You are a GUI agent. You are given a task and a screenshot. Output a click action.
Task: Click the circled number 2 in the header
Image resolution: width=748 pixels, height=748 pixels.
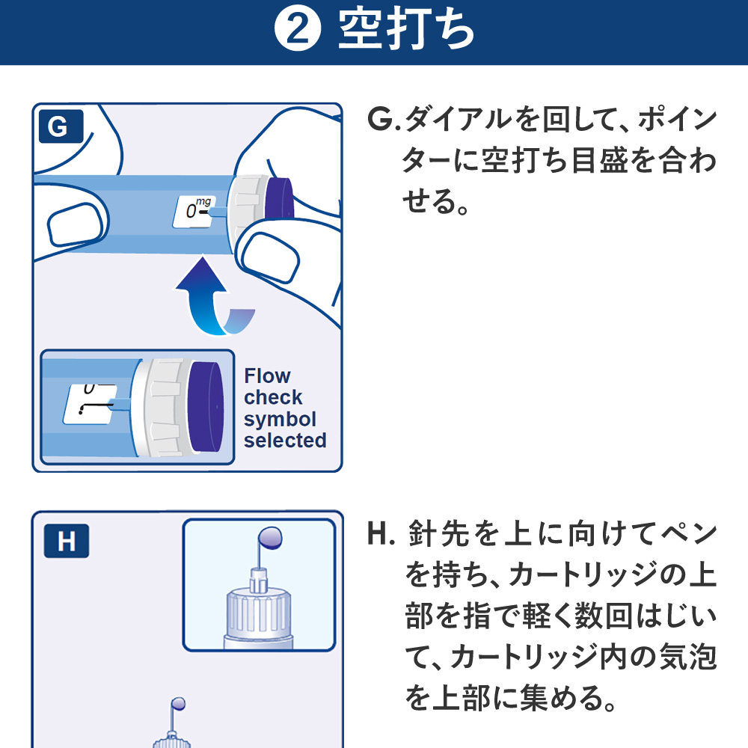[x=297, y=32]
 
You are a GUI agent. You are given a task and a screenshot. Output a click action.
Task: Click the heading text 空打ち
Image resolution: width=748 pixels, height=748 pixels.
[x=406, y=32]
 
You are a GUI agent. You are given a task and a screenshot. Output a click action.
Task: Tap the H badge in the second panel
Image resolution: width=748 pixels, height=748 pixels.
[x=67, y=541]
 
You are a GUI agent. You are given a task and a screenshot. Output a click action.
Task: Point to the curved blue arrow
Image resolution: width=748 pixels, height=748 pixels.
[x=211, y=295]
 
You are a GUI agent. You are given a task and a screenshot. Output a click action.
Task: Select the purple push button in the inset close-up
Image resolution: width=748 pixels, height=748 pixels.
[x=206, y=408]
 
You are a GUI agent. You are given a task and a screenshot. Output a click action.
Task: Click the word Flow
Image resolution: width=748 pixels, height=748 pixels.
[x=267, y=375]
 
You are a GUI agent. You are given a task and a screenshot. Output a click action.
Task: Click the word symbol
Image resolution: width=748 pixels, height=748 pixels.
[x=280, y=419]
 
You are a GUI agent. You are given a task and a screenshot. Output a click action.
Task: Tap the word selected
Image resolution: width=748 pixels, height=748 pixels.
[x=285, y=441]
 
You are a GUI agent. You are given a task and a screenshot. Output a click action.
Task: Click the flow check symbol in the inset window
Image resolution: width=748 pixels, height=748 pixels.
[x=88, y=407]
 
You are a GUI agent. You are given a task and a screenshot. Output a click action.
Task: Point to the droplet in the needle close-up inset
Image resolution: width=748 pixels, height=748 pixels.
[x=269, y=537]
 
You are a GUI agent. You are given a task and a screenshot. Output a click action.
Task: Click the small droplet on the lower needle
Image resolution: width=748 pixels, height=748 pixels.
[x=178, y=703]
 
